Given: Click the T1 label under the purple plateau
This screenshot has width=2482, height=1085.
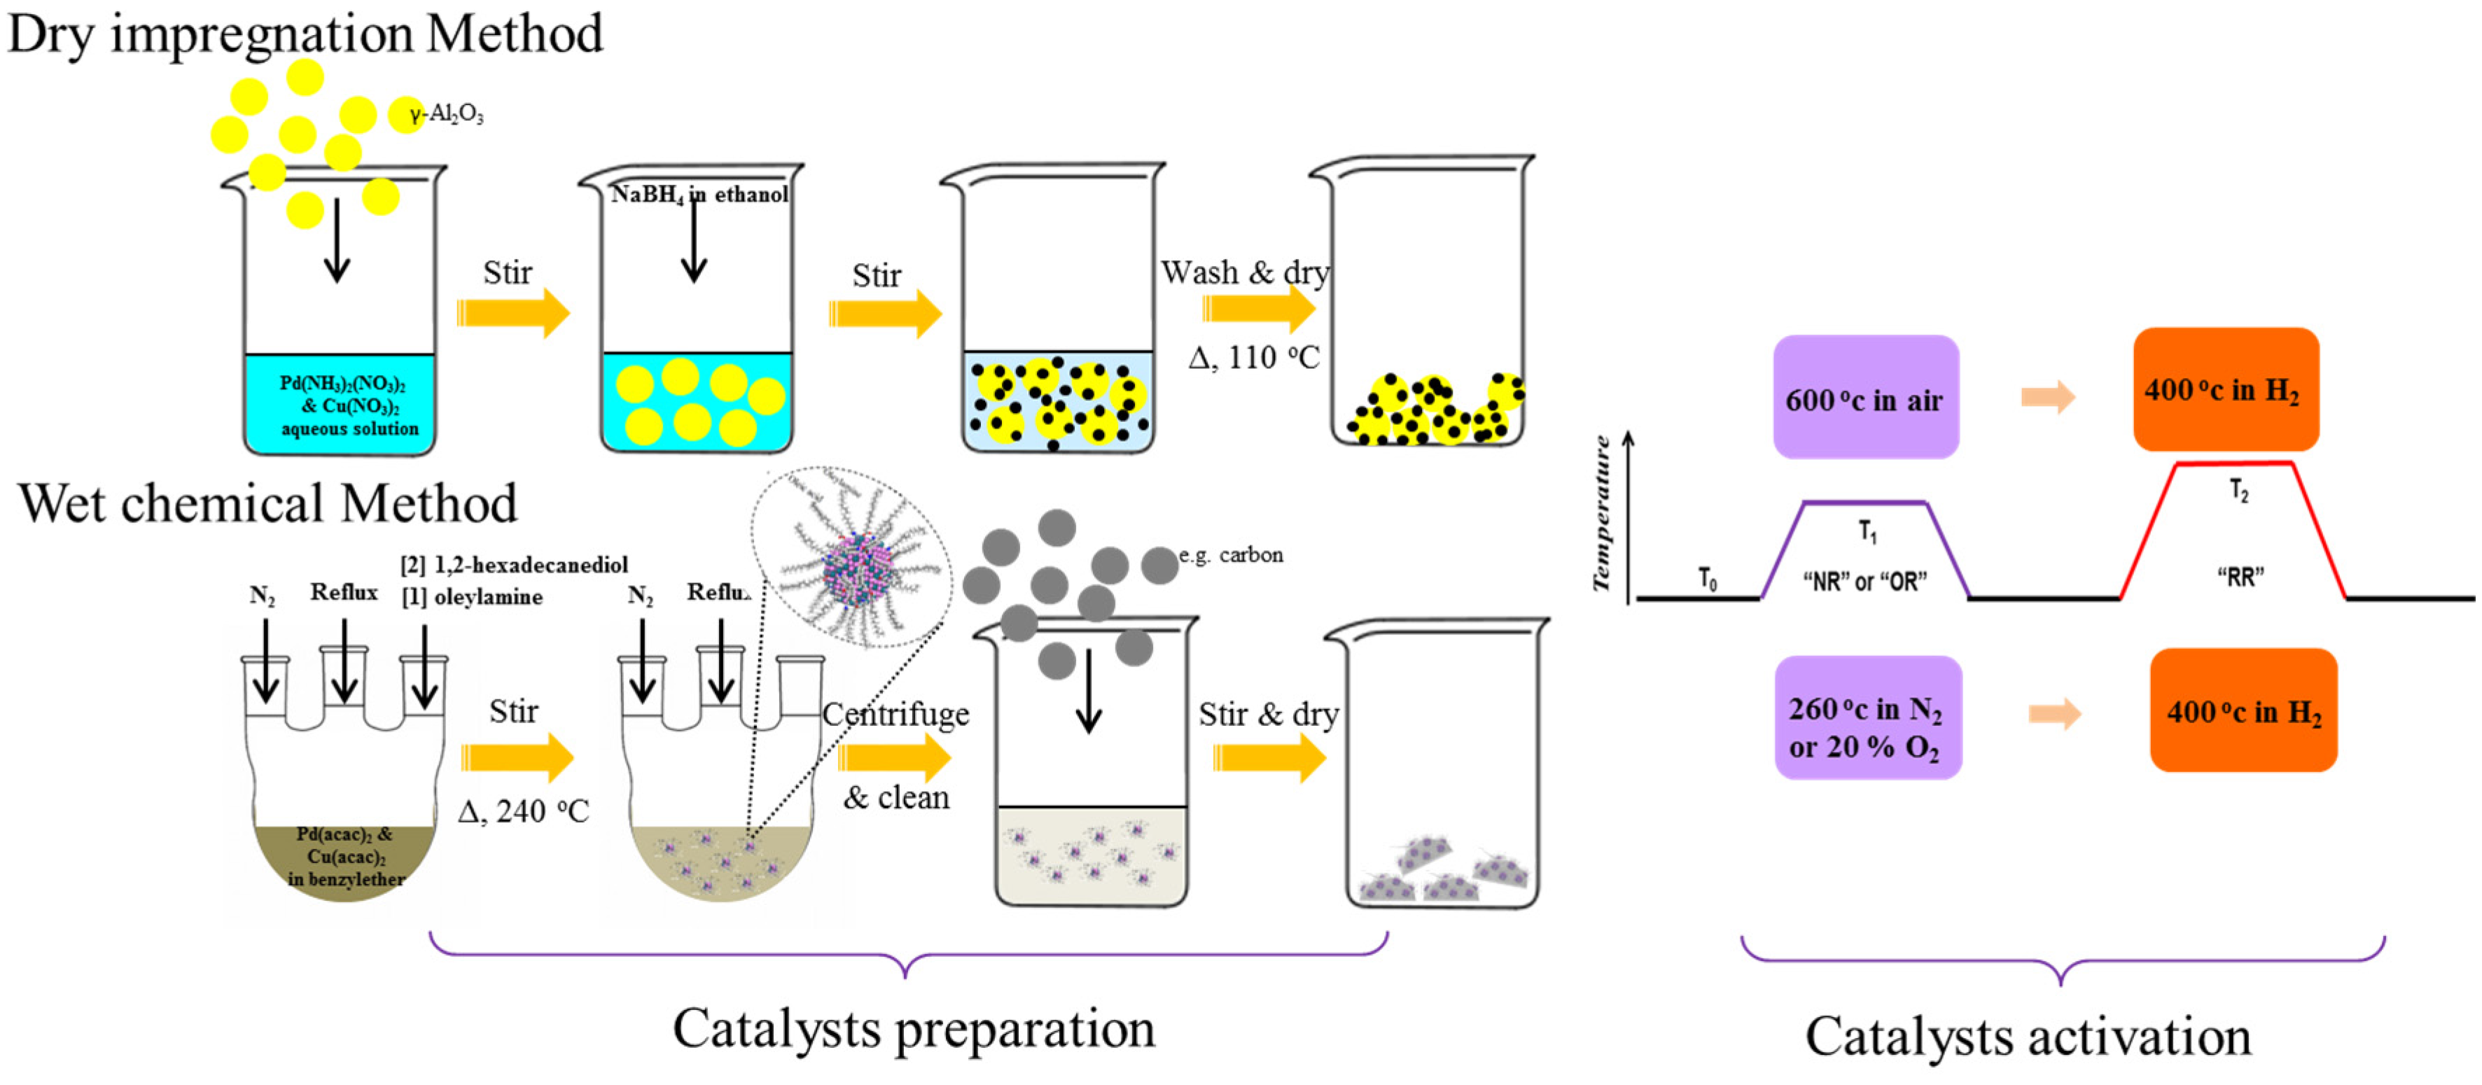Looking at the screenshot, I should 1867,531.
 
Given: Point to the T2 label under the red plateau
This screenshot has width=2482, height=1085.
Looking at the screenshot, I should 2238,491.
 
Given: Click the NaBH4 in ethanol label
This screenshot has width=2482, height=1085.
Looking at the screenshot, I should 699,195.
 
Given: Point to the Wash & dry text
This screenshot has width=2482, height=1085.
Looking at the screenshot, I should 1244,273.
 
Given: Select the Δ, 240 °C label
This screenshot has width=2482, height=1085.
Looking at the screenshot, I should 523,811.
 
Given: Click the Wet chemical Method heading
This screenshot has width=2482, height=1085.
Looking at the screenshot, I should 268,503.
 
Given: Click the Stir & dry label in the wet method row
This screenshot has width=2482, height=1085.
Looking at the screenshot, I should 1268,714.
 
